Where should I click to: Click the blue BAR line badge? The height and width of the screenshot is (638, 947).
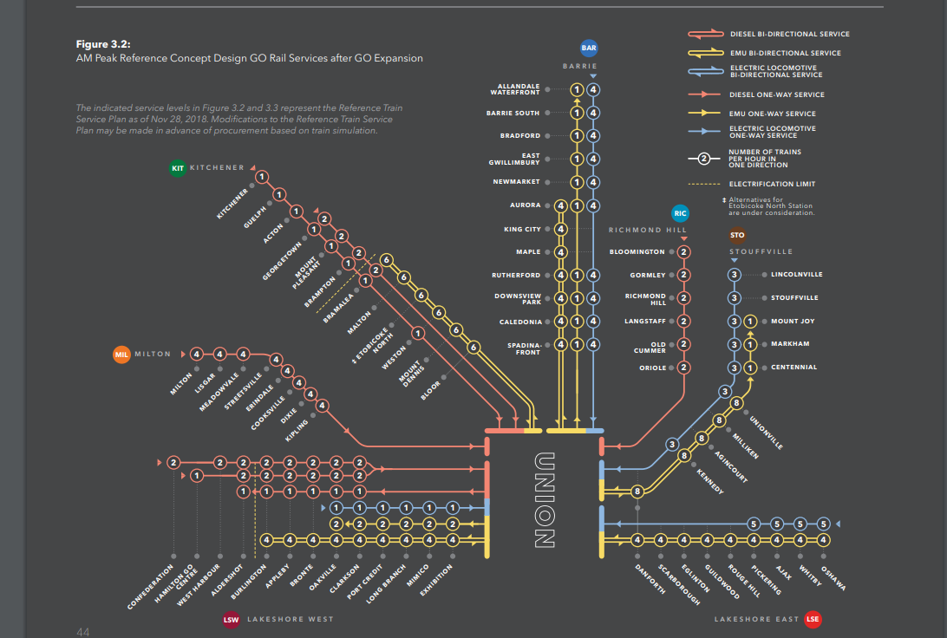(x=590, y=49)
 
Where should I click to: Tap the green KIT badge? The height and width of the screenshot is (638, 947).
(x=178, y=167)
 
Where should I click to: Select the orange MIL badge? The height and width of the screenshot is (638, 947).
(x=121, y=354)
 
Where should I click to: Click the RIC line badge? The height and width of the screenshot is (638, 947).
(x=680, y=212)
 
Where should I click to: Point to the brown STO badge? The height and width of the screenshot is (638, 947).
(x=737, y=235)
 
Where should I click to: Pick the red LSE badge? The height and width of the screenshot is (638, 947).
(x=813, y=619)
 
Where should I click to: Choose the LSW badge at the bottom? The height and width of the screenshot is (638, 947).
(x=231, y=619)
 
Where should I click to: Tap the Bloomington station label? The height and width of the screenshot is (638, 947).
(x=637, y=252)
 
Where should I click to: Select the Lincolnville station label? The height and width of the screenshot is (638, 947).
(x=797, y=275)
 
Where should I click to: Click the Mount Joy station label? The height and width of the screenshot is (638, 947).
(x=793, y=322)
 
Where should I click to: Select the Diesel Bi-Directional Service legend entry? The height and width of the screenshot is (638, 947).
(x=789, y=34)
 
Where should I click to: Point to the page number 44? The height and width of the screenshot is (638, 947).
(x=83, y=631)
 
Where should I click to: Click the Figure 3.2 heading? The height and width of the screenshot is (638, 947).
(x=102, y=43)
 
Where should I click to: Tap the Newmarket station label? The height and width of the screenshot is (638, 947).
(x=517, y=182)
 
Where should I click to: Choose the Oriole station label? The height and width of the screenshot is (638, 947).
(x=653, y=368)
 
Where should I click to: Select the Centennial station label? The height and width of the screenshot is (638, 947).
(x=794, y=368)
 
